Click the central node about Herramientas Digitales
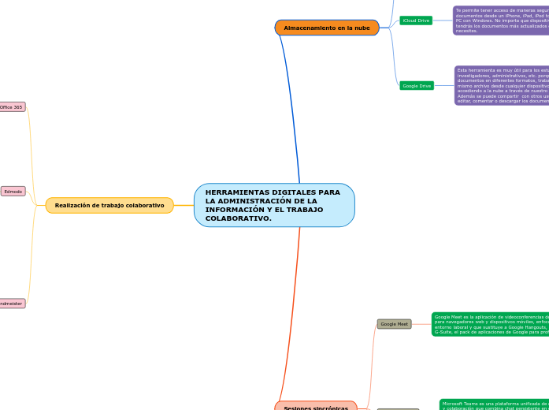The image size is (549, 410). (274, 205)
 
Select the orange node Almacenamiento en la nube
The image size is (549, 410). (327, 28)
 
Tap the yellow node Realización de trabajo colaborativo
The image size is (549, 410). (109, 205)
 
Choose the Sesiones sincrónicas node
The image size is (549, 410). (316, 406)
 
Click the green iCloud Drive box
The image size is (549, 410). (416, 20)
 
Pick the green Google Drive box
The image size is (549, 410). (417, 85)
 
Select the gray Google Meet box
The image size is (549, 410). (394, 323)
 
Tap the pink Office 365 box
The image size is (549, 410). (12, 106)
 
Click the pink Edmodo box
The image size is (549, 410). (13, 191)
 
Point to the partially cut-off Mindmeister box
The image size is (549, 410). (12, 303)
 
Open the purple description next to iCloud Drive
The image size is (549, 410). (501, 20)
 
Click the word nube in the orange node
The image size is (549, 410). (362, 28)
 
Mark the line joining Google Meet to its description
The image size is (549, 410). (421, 323)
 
